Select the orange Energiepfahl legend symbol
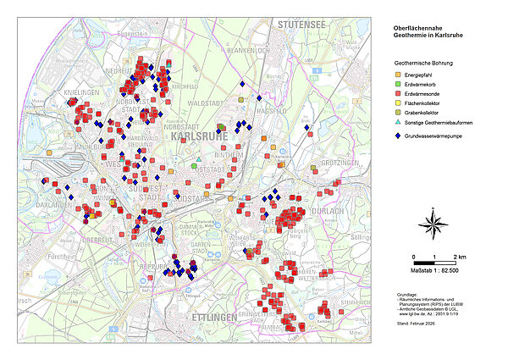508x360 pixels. point(398,75)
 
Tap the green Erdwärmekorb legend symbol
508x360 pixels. point(398,87)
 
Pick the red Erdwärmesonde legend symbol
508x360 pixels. point(398,99)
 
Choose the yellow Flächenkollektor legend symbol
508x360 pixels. point(398,111)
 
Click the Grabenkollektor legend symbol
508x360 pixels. point(398,123)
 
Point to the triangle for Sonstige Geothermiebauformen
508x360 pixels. point(398,135)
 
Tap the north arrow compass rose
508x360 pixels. point(433,224)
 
